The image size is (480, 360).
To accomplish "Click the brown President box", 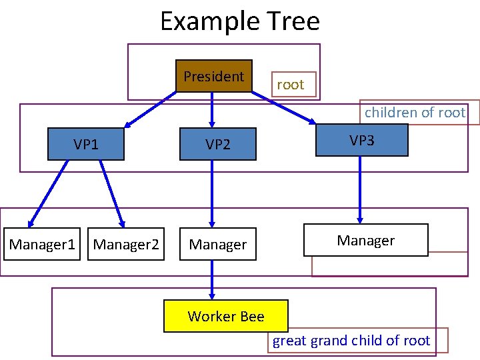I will [213, 76].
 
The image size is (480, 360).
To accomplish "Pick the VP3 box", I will [361, 140].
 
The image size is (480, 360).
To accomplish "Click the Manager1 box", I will [42, 245].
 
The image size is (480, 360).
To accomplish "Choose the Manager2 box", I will [126, 245].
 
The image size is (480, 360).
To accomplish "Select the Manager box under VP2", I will [218, 245].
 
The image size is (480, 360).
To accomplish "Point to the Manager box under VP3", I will [365, 241].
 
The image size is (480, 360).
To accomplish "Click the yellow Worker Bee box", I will [226, 316].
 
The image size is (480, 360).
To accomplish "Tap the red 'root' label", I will [290, 85].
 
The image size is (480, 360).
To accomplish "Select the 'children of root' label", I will [415, 113].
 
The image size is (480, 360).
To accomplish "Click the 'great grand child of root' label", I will [351, 341].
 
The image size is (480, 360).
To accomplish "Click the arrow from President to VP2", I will [213, 110].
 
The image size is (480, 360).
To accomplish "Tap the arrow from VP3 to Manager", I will [360, 190].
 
